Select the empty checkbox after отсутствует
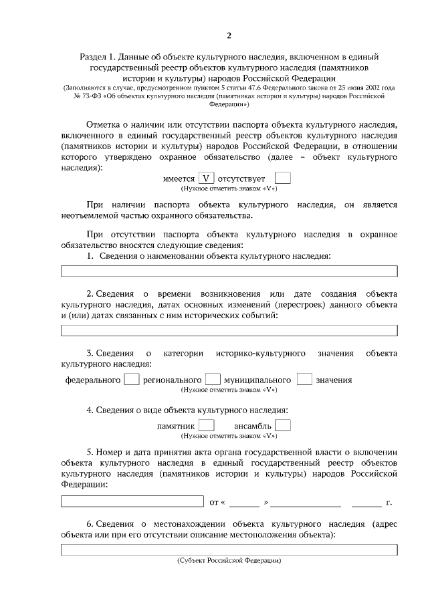click(283, 178)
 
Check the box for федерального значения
click(132, 379)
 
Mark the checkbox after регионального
click(213, 379)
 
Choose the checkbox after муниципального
click(304, 379)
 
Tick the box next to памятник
click(207, 425)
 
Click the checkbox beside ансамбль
click(283, 425)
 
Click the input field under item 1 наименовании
click(229, 271)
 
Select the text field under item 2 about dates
click(229, 330)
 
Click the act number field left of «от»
click(132, 501)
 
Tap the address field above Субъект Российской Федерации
click(229, 550)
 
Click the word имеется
click(179, 179)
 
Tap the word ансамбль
click(252, 426)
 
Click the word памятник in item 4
click(176, 426)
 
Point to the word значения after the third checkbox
click(334, 380)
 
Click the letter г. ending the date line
click(389, 501)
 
